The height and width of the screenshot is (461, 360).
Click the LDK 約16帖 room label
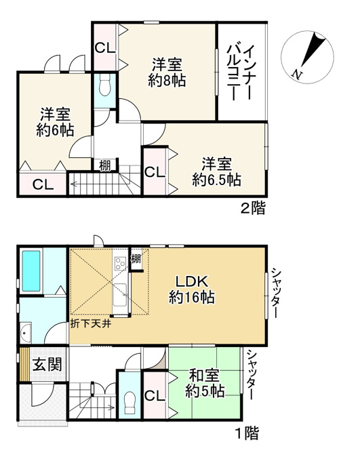pos(192,289)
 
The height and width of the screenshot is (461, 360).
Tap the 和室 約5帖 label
pos(205,384)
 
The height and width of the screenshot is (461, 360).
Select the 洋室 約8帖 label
pos(167,73)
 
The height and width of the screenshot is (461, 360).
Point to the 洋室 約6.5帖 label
pos(217,172)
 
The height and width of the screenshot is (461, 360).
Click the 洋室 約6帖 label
pos(56,122)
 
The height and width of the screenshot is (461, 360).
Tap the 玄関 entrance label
pos(47,365)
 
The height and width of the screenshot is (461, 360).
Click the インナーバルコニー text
pos(239,73)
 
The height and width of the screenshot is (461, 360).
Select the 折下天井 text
pos(91,324)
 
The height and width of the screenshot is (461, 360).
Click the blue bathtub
pos(31,270)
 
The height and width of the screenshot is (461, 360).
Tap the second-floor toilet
pos(104,85)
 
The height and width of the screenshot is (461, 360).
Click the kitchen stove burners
pos(121,263)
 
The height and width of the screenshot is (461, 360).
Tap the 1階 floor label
pos(248,433)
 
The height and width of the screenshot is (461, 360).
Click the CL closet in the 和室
pos(155,396)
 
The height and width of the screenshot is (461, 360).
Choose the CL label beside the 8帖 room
pos(105,47)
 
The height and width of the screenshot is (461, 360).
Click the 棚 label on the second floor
pos(105,166)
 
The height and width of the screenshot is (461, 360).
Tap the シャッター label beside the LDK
pos(275,293)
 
